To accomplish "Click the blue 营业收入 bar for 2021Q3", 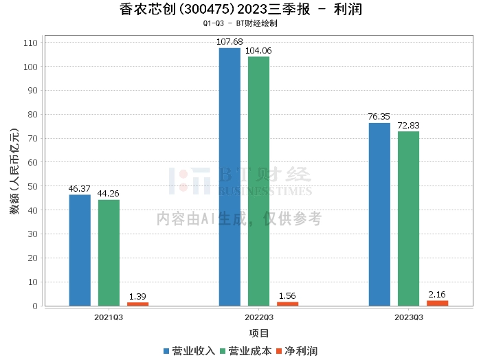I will (80, 250).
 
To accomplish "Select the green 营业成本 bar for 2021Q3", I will (109, 253).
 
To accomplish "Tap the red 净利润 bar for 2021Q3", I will (137, 304).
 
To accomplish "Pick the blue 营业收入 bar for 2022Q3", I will (230, 177).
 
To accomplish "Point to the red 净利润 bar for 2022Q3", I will (287, 304).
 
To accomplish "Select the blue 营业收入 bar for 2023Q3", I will (379, 214).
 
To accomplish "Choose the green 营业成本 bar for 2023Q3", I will (408, 218).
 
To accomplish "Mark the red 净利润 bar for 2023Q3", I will (437, 303).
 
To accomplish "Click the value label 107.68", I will (230, 41).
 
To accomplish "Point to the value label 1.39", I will (137, 296).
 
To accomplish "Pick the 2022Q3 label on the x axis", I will (259, 317).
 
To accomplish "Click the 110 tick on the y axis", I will (31, 43).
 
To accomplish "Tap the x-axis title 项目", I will (259, 333).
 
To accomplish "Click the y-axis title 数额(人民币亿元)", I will (14, 171).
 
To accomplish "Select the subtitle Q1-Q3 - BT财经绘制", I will (240, 23).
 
